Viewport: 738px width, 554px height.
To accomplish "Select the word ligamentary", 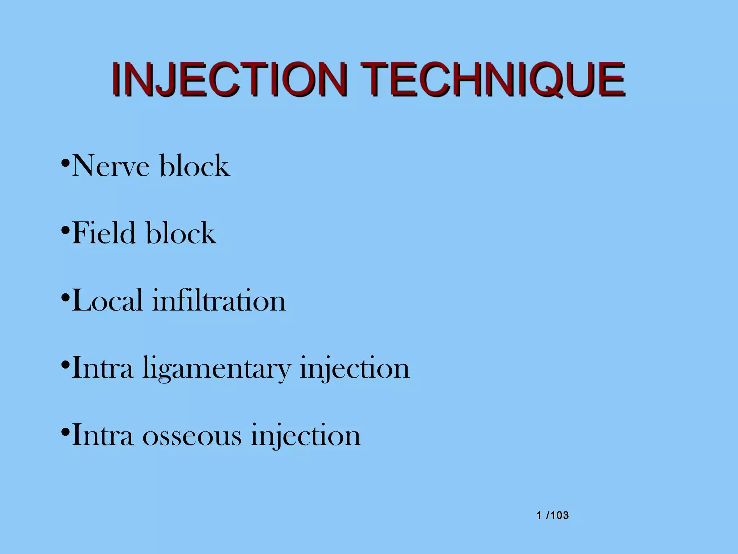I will point(217,369).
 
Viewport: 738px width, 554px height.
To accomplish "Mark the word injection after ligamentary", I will point(355,369).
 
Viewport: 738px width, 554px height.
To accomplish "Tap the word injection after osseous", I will point(306,436).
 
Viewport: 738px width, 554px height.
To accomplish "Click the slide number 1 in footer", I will point(539,515).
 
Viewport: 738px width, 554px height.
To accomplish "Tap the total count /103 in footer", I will point(557,515).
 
